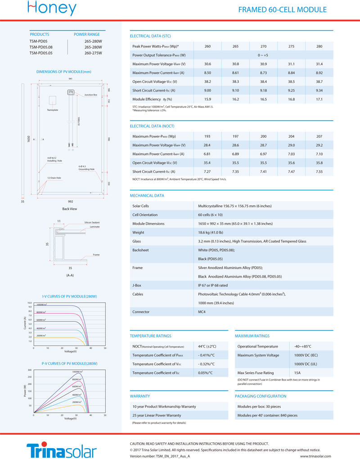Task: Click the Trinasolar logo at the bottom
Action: coord(62,450)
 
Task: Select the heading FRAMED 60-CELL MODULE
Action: coord(282,10)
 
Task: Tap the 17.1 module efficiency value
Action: coord(319,99)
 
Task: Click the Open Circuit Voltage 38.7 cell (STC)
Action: coord(319,81)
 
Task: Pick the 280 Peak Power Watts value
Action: coord(319,46)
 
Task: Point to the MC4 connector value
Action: coord(202,312)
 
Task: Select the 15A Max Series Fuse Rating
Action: coord(298,373)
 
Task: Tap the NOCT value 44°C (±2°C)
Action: coord(207,346)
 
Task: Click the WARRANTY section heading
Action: coord(139,396)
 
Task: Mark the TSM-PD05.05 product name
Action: coord(41,53)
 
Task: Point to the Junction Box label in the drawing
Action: coord(90,95)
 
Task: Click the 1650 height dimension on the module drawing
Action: coord(28,139)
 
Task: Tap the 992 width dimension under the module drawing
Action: coord(70,202)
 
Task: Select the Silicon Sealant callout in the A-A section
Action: coord(92,222)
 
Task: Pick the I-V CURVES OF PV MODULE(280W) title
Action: coord(69,297)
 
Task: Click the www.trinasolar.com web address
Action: coord(315,456)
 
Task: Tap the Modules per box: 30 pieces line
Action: coord(259,406)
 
